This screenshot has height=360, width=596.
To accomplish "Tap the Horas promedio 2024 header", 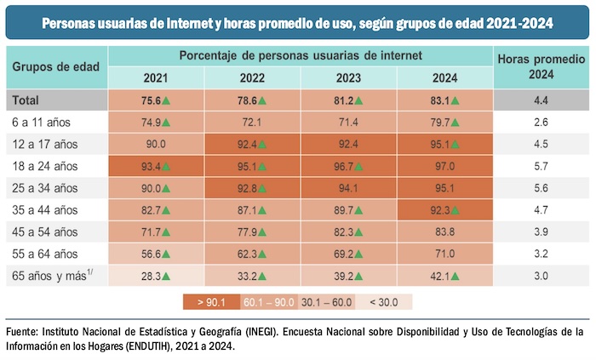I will [x=541, y=66].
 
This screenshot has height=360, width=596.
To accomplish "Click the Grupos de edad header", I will [x=57, y=66].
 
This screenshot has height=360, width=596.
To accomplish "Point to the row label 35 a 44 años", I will [x=46, y=209].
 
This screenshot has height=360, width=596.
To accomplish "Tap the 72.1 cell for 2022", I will [x=253, y=122].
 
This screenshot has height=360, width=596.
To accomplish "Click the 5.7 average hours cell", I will [x=541, y=165].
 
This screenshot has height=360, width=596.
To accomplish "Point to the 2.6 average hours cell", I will [x=541, y=122].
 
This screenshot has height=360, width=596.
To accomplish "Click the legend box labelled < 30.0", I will [x=384, y=300].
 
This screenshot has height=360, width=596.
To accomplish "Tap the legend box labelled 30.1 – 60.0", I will [x=327, y=300].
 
